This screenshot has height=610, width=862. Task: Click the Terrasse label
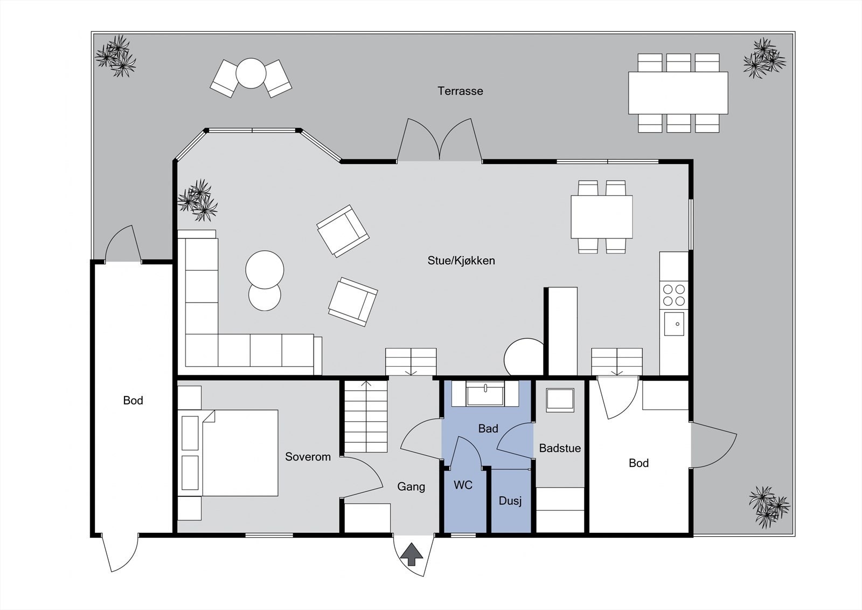[x=460, y=91]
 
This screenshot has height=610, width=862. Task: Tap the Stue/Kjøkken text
[x=461, y=261]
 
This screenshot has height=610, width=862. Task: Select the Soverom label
[x=308, y=456]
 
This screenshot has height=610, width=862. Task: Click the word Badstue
[x=560, y=448]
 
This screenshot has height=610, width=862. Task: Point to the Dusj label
[x=510, y=501]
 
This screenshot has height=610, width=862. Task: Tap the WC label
[x=463, y=485]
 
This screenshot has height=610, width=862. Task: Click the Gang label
[x=411, y=486]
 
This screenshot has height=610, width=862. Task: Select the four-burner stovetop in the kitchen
[x=674, y=295]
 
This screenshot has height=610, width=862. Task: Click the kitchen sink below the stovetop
[x=674, y=324]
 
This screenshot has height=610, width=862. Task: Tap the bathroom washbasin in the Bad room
[x=485, y=393]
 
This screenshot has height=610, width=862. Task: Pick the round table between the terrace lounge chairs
[x=251, y=73]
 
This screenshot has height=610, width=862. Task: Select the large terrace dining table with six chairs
[x=678, y=93]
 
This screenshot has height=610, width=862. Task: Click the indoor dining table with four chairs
[x=601, y=217]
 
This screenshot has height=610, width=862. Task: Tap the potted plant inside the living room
[x=198, y=200]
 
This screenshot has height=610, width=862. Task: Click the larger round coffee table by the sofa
[x=265, y=269]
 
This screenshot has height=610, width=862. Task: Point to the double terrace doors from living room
[x=440, y=142]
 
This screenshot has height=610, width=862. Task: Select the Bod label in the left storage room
[x=133, y=400]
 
